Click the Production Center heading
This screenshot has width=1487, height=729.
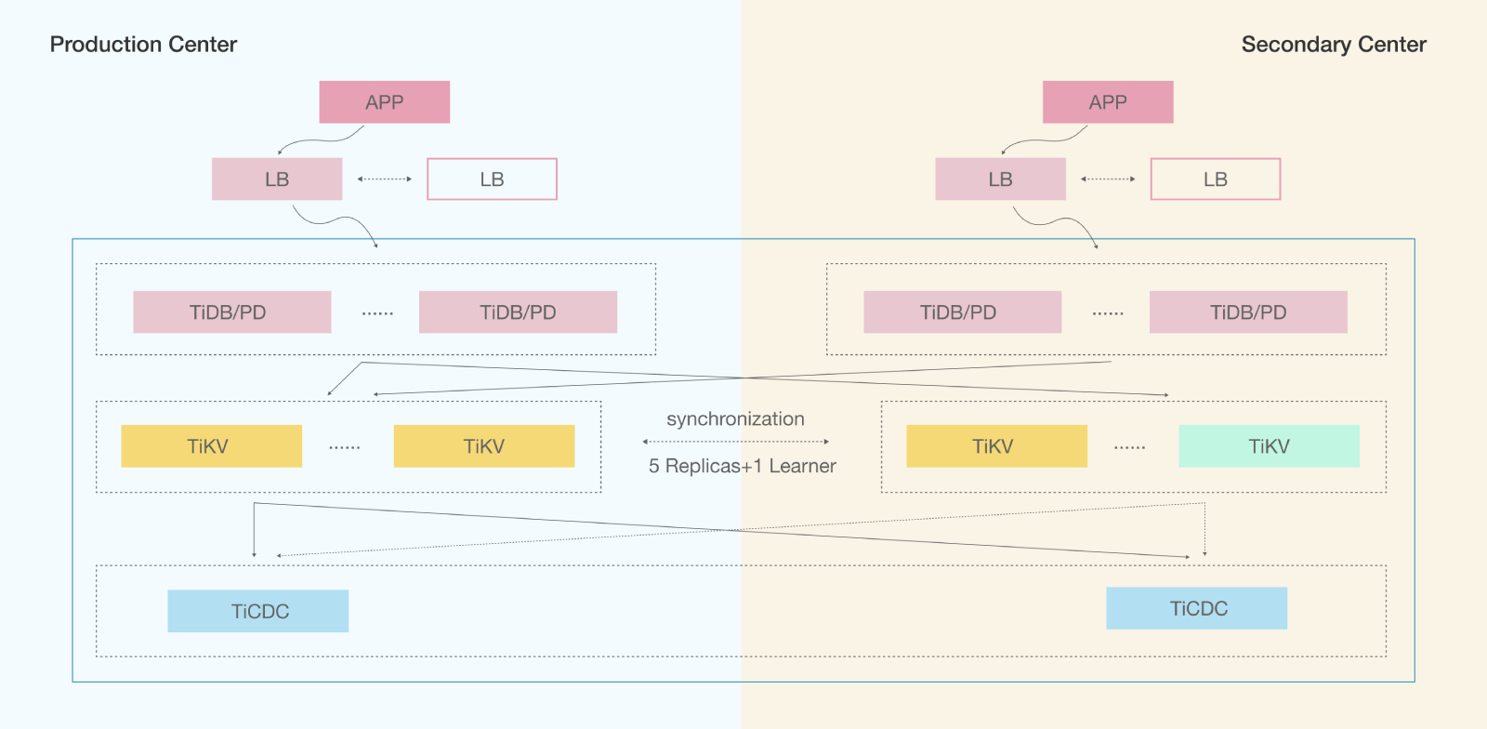[143, 45]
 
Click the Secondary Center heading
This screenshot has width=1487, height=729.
[1334, 45]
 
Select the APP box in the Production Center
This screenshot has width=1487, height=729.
[384, 102]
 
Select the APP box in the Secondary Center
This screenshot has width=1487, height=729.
[1108, 102]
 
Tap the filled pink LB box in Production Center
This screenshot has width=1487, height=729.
[277, 179]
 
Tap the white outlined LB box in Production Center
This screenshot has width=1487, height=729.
[492, 179]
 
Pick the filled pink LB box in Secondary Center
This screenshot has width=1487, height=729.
[1000, 179]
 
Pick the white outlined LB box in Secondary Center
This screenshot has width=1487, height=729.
[1216, 179]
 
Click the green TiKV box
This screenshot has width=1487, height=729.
[1269, 446]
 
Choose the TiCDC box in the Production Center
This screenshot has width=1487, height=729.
[258, 611]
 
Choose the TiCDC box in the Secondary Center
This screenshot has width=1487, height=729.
[1197, 608]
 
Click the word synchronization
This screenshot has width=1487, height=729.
[735, 419]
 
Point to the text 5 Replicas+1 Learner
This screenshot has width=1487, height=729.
[742, 466]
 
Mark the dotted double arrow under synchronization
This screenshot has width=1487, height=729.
[735, 442]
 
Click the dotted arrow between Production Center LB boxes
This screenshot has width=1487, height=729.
[385, 179]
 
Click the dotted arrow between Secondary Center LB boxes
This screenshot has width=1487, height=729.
[1108, 179]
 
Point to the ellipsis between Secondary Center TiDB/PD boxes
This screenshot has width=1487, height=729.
[1108, 313]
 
